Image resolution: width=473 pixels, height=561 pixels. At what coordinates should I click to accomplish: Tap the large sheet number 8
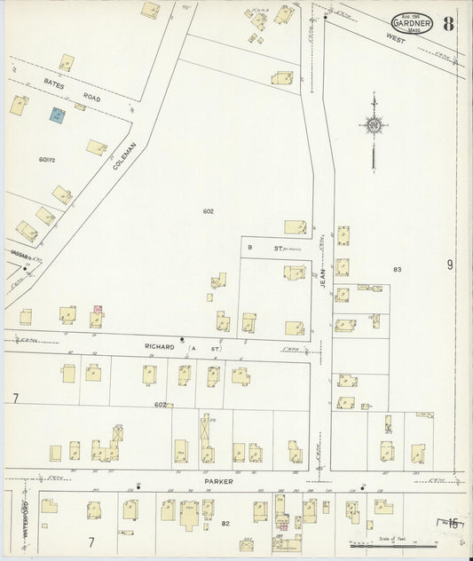pyautogui.click(x=450, y=24)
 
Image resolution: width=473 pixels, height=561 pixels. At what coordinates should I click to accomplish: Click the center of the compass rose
pyautogui.click(x=374, y=126)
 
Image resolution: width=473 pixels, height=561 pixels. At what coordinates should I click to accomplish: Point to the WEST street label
pyautogui.click(x=394, y=39)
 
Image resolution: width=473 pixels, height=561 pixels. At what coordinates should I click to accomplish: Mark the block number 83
pyautogui.click(x=397, y=269)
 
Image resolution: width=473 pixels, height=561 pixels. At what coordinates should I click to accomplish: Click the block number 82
pyautogui.click(x=225, y=524)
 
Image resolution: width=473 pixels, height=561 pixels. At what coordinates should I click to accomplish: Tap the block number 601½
pyautogui.click(x=47, y=159)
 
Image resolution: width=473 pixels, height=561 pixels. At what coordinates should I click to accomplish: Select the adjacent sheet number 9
pyautogui.click(x=450, y=265)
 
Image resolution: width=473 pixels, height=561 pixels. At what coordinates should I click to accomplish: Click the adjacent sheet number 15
pyautogui.click(x=453, y=524)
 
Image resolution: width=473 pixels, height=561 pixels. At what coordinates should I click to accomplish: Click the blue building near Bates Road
pyautogui.click(x=57, y=115)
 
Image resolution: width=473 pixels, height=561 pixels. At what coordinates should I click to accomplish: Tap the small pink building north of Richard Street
pyautogui.click(x=97, y=309)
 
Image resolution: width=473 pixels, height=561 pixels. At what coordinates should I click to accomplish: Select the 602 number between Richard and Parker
pyautogui.click(x=160, y=405)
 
